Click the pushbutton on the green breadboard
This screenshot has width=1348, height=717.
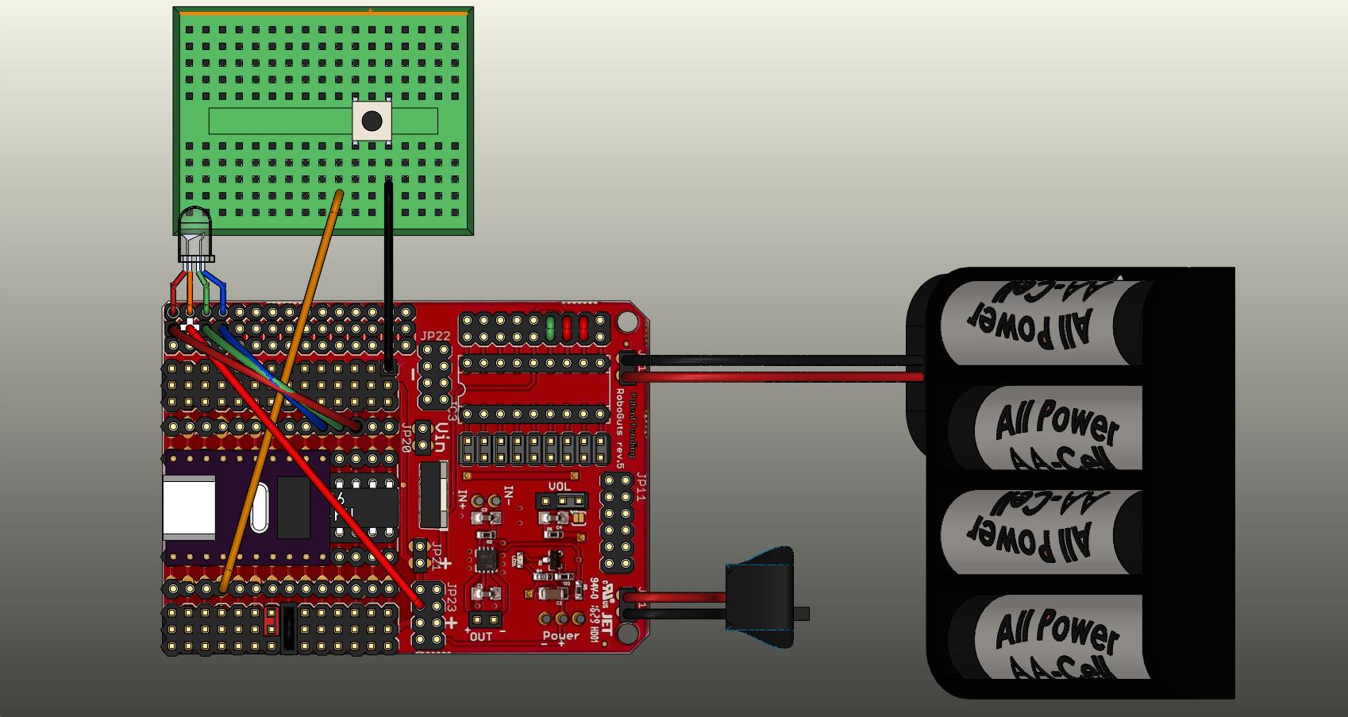(372, 121)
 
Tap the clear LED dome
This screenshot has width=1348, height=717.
(194, 231)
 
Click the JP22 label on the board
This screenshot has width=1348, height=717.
(435, 336)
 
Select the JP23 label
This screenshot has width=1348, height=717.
(451, 596)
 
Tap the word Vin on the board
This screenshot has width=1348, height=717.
(441, 436)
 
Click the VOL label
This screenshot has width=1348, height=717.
(559, 487)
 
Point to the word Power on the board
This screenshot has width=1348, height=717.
(561, 635)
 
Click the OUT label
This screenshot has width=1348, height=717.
(481, 636)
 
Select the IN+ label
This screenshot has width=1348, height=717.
(463, 498)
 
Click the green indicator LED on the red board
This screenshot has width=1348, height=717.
(550, 327)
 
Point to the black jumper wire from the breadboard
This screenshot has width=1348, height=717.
(388, 270)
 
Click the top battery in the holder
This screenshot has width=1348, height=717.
(1048, 322)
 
